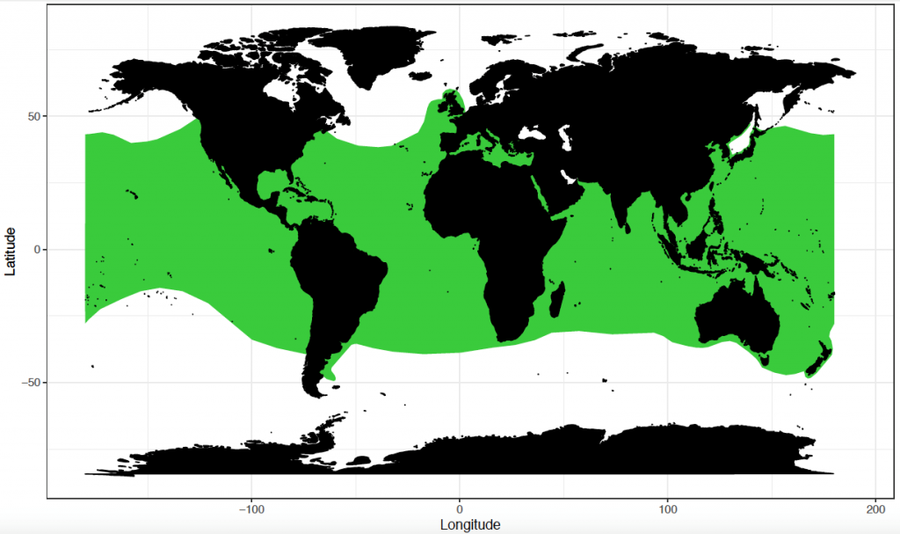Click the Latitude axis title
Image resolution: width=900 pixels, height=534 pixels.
point(11,250)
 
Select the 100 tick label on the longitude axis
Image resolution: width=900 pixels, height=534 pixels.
point(668,509)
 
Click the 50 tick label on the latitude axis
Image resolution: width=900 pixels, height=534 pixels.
point(28,116)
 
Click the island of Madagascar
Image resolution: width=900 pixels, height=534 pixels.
point(556,299)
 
